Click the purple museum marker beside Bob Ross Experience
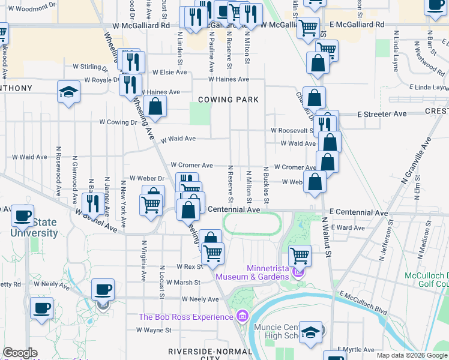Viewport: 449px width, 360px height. (x=242, y=315)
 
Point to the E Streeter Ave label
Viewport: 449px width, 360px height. (x=382, y=113)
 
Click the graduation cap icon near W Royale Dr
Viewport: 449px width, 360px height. (x=69, y=92)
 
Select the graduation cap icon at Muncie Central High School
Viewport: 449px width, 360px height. (x=310, y=332)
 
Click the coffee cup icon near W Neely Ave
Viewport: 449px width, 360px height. (x=103, y=290)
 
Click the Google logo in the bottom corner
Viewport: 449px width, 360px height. (x=20, y=353)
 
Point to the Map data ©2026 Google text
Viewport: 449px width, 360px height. (x=412, y=355)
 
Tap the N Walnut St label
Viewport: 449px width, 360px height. (x=328, y=238)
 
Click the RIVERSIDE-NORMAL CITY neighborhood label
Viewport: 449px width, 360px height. (x=202, y=354)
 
